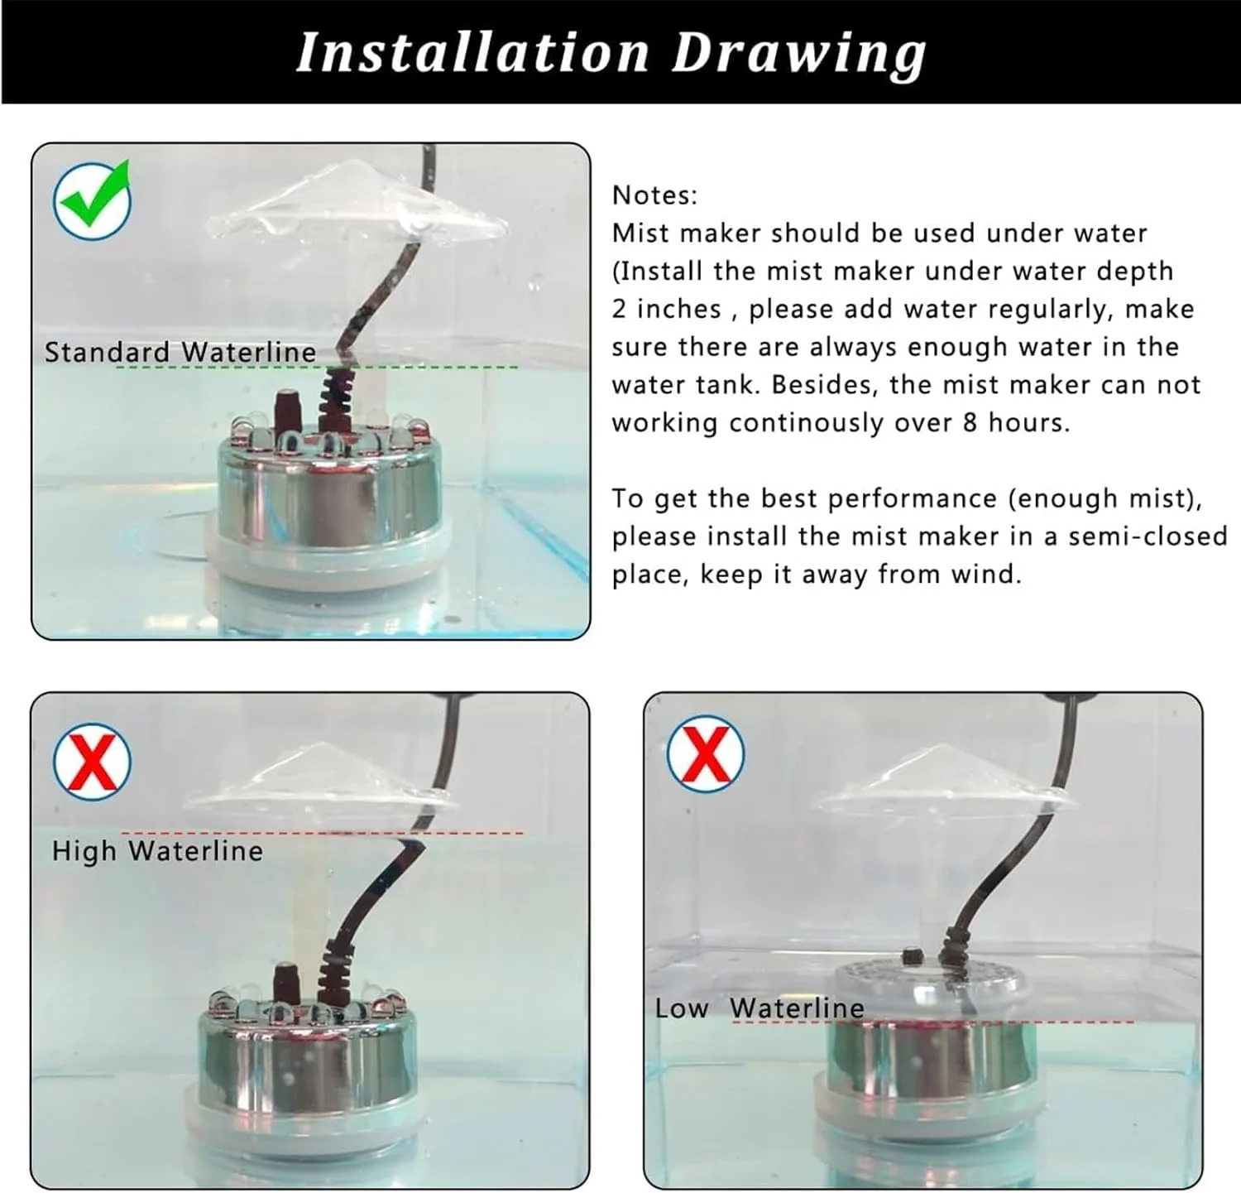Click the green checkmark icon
(x=92, y=199)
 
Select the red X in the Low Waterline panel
(x=705, y=753)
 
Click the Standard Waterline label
(x=180, y=352)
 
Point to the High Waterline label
(x=157, y=850)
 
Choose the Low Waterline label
(x=759, y=1008)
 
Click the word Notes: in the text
(x=654, y=195)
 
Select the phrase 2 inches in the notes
(x=666, y=309)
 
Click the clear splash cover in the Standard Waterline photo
(x=356, y=207)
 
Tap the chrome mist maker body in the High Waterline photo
(x=306, y=1068)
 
